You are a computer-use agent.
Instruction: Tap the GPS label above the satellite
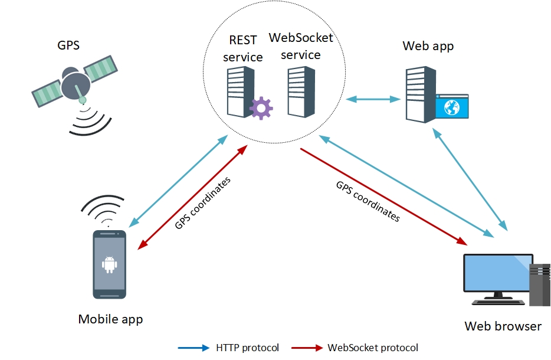68,45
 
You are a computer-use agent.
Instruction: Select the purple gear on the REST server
261,108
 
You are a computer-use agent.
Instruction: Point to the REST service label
242,48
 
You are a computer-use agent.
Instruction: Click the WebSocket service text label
301,46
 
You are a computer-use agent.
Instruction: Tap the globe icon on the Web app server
452,107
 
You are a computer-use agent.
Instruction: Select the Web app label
428,46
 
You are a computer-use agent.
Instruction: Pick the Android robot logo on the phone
109,264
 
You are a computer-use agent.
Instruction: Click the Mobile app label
110,319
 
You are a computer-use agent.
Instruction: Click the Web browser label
503,326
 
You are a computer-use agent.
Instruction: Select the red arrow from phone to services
192,197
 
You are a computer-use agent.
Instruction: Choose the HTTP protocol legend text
247,348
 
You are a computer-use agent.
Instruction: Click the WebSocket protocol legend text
373,348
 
